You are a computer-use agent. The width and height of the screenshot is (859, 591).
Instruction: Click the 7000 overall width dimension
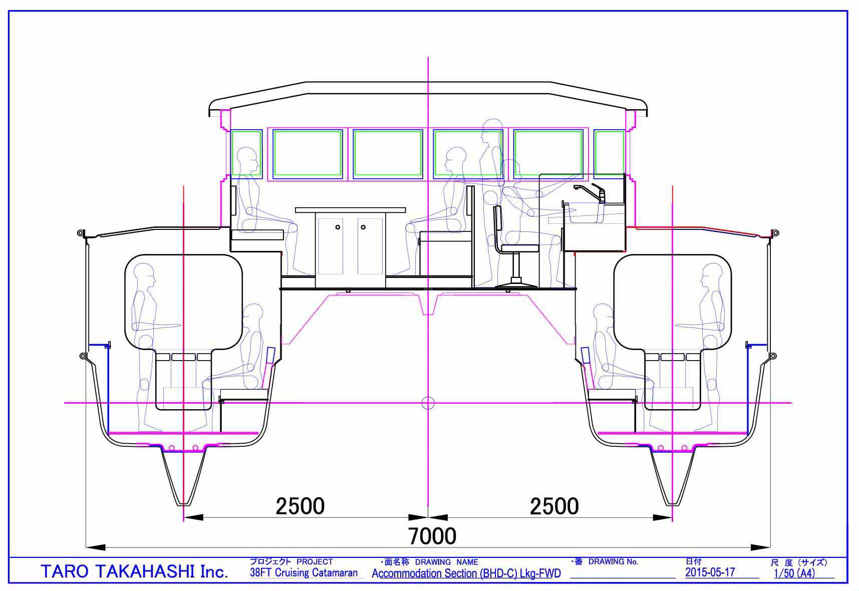point(433,536)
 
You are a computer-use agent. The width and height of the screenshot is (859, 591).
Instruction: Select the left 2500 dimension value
point(300,506)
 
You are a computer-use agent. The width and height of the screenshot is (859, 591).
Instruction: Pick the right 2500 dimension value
point(554,506)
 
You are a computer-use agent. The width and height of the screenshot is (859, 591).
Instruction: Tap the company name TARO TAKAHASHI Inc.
point(134,571)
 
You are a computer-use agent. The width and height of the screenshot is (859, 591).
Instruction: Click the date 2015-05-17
point(710,572)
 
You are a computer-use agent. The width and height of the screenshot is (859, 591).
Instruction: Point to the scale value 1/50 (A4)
point(794,573)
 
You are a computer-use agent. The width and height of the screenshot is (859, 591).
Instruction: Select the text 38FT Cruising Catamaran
point(304,572)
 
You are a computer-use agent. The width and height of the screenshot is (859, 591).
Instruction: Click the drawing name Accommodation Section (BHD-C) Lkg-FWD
point(466,573)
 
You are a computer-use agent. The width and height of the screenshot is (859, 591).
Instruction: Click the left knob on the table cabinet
point(338,227)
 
